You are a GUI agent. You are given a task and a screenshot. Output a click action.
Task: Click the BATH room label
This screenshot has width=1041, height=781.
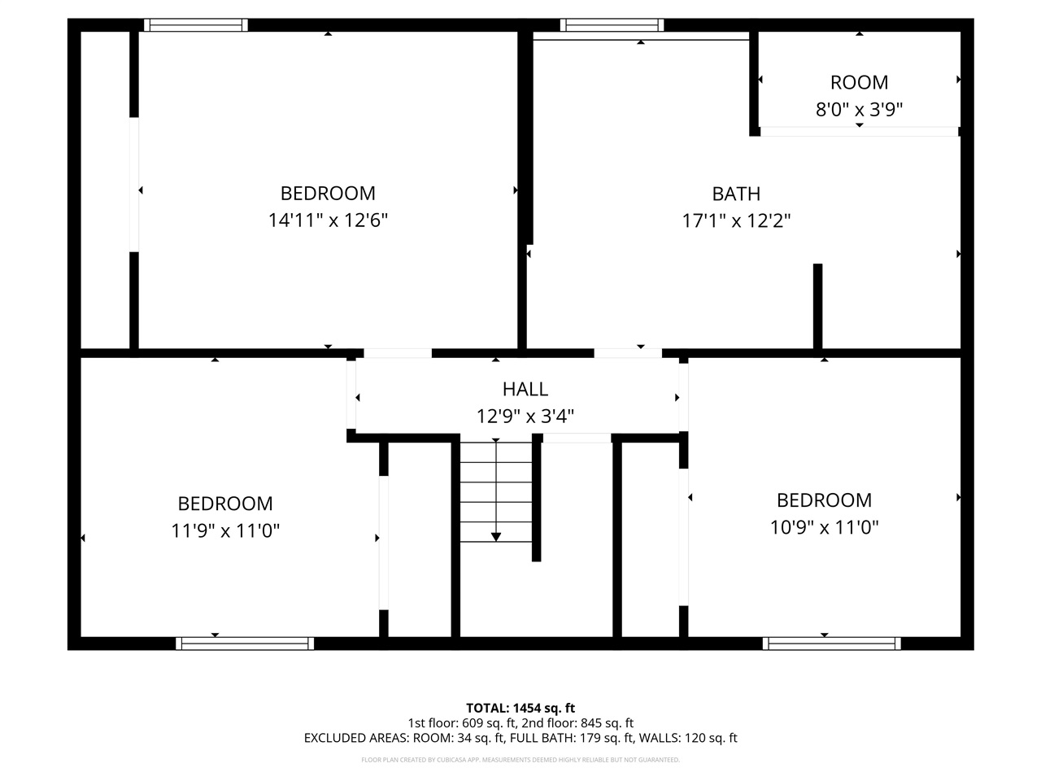(736, 194)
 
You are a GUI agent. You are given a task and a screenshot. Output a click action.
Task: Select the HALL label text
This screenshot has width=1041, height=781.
(525, 390)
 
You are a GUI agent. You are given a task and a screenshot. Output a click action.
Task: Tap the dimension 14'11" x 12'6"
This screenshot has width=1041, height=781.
(328, 220)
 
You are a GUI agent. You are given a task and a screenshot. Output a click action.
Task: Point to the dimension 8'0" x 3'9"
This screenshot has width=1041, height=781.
(859, 109)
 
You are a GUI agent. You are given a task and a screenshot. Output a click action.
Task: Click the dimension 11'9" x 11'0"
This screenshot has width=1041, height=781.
(225, 531)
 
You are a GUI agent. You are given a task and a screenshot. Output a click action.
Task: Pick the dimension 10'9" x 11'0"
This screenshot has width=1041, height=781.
(824, 527)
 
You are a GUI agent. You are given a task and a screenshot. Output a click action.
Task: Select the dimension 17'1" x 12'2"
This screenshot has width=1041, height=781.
(736, 220)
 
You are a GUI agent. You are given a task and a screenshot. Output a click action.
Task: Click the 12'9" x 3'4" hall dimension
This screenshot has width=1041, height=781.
(525, 417)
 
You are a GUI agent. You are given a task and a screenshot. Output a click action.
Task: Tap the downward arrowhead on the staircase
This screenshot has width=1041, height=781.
(496, 536)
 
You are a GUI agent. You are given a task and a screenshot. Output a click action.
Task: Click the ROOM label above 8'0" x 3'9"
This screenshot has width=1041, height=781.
(859, 82)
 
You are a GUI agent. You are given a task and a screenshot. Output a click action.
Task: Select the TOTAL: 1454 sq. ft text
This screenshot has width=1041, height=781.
(520, 708)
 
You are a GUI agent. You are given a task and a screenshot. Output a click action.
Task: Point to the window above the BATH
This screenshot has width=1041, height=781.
(612, 25)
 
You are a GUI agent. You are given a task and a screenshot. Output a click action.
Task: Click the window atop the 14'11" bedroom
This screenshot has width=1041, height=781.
(196, 25)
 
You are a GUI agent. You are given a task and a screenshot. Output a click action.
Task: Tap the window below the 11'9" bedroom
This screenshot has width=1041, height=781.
(245, 644)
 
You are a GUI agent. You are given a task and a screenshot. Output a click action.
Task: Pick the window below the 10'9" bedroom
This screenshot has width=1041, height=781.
(831, 644)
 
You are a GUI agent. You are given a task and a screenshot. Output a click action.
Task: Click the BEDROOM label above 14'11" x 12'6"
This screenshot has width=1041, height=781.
(328, 194)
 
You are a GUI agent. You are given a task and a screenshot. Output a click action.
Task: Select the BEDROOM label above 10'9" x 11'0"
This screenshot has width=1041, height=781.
(824, 500)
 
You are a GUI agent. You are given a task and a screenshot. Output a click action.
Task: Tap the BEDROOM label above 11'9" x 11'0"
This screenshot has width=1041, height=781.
(225, 504)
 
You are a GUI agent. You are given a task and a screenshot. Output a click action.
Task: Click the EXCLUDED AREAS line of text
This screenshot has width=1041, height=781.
(520, 739)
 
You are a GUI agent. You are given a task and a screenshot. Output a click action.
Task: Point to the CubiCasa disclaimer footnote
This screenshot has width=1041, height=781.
(520, 760)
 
